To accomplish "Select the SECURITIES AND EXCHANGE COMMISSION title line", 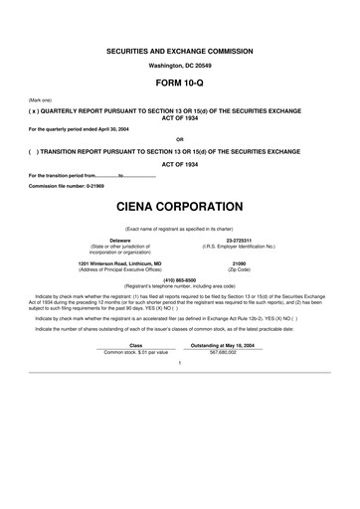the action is click(x=179, y=49).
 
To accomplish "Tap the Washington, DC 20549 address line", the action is click(x=179, y=65).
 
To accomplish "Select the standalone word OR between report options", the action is click(x=179, y=139).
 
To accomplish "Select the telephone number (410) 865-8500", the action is click(x=179, y=279).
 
